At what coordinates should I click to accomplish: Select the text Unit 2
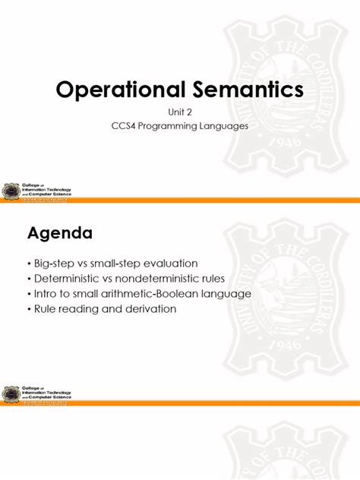point(180,112)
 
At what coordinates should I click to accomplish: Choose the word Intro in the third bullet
point(46,294)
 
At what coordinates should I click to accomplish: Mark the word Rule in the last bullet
point(46,309)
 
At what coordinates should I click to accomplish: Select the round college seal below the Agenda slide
point(12,394)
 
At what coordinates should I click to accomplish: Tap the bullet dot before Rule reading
point(30,309)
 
